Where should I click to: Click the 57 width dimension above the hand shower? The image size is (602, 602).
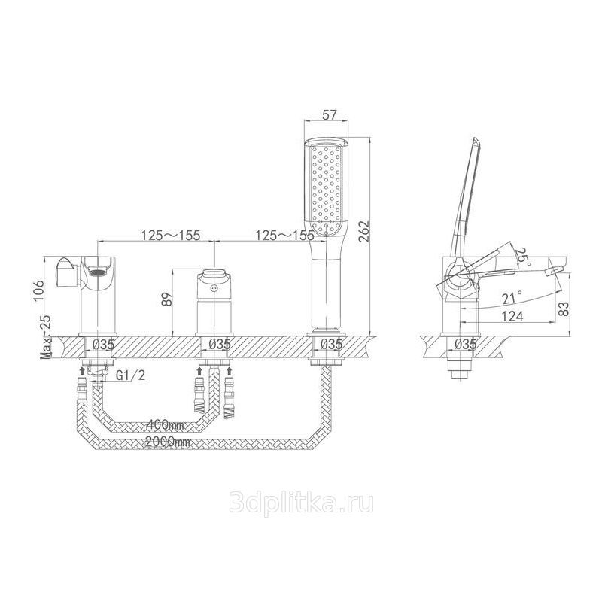(327, 114)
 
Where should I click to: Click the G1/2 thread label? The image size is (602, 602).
(130, 375)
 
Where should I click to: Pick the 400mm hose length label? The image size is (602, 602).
(165, 425)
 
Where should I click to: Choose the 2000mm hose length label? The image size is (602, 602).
(168, 442)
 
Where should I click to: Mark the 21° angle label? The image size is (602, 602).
(512, 296)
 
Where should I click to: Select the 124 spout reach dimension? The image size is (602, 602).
(512, 316)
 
